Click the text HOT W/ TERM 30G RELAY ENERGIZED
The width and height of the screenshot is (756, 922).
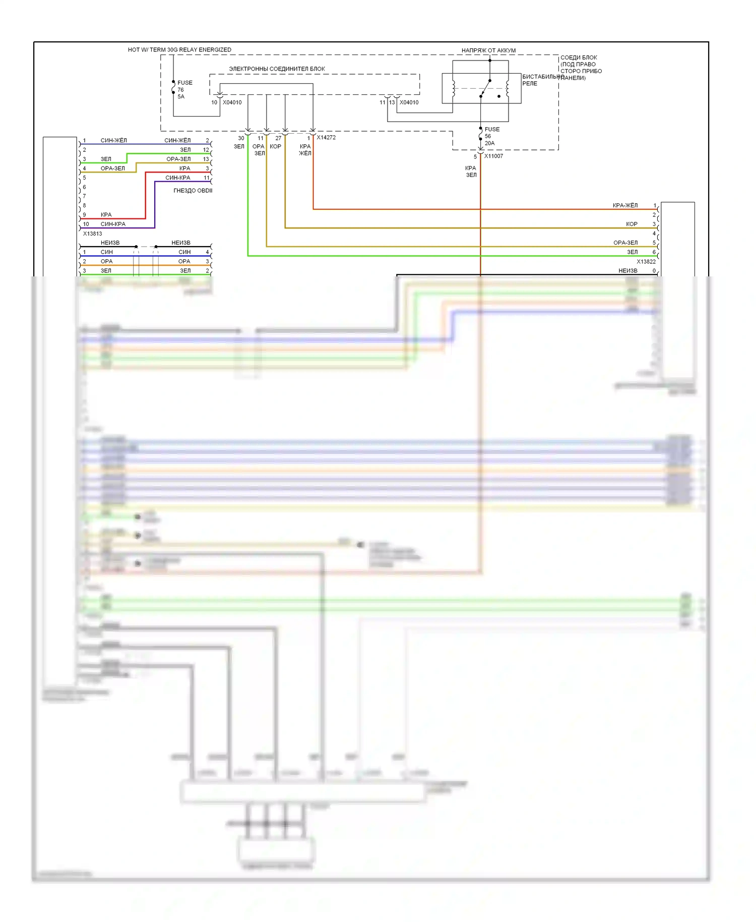pos(179,50)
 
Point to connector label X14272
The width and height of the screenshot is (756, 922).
pos(326,137)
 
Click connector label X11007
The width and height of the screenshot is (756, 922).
pos(493,156)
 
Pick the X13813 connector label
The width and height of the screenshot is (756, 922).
pos(92,234)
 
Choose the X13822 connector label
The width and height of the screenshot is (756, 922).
pos(646,261)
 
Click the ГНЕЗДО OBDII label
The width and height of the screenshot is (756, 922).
pos(193,191)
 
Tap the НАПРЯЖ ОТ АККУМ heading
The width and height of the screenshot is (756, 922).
pos(488,50)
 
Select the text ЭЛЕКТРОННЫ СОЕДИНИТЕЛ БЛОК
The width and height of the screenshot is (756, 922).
pos(277,69)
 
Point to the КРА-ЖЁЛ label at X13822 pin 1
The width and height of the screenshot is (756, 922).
pos(625,205)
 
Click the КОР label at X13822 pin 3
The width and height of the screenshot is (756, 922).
pos(632,224)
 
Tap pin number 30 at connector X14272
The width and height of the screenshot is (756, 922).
pos(241,138)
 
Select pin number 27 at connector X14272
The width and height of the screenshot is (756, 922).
pos(278,138)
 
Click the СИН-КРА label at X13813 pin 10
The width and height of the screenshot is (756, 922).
pos(113,224)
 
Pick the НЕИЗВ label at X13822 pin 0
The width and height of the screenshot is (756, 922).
pos(627,271)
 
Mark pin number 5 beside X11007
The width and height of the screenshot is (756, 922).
pos(475,157)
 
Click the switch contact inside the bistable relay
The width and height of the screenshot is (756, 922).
pos(485,88)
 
